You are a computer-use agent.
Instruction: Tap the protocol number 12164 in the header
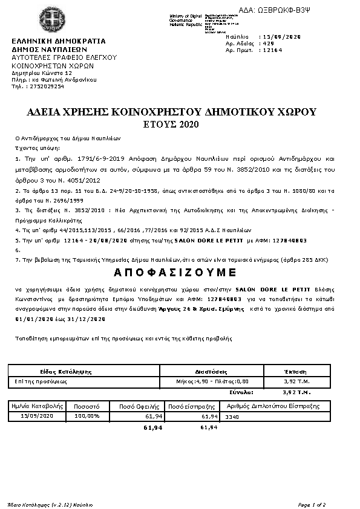[270, 51]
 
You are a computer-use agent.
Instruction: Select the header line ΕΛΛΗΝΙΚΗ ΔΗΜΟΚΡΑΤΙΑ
[58, 41]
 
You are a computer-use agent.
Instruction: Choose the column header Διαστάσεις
[211, 371]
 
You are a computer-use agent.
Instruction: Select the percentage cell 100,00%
[87, 417]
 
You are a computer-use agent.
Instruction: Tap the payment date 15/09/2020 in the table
[38, 417]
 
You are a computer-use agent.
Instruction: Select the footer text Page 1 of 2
[312, 504]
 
